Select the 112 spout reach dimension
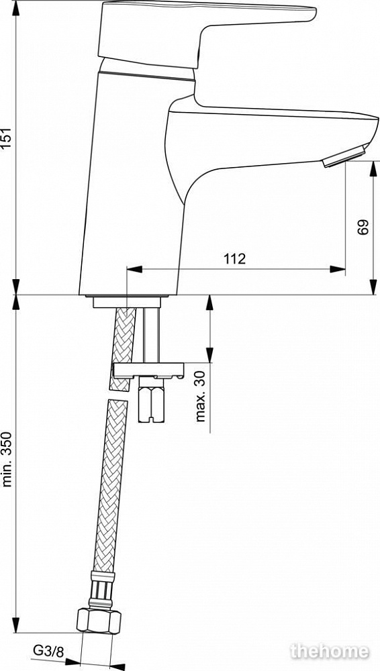235,258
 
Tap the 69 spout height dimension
363,227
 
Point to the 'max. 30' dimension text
201,397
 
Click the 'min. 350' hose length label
8,460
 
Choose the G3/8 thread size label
48,652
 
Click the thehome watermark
330,652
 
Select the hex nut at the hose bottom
99,621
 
